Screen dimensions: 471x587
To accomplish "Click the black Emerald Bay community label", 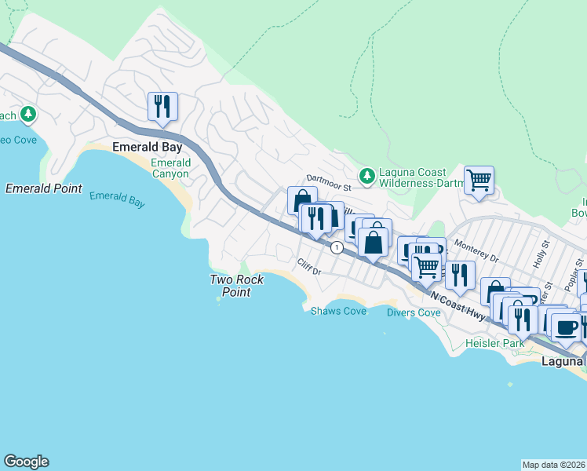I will (x=148, y=147).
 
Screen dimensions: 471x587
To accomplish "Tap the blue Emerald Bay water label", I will (x=117, y=199).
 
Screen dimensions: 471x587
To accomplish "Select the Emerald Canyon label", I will (x=170, y=168).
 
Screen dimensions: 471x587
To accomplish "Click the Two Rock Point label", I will (x=236, y=286).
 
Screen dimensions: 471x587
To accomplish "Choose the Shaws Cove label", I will (x=338, y=312).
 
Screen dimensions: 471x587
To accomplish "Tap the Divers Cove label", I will (x=414, y=312).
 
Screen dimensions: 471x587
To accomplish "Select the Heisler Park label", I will (x=494, y=344).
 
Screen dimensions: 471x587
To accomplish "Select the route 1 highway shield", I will (x=337, y=247).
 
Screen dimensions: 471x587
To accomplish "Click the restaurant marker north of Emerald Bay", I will (x=162, y=106).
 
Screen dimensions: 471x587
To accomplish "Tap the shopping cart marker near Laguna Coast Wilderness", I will (x=479, y=180).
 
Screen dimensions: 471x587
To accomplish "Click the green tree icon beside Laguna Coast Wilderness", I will (x=366, y=173).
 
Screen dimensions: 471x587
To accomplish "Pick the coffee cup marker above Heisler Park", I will (x=565, y=327).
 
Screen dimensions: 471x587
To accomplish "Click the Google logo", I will (x=26, y=462).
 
